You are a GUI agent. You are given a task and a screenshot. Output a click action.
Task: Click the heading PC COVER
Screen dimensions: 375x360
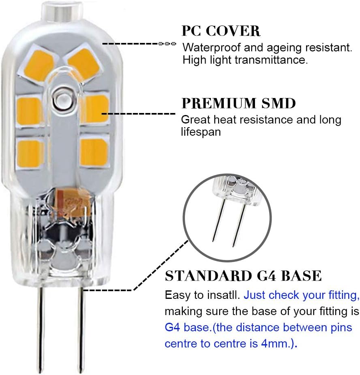click(221, 31)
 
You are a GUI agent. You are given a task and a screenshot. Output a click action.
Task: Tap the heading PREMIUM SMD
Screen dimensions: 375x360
click(238, 103)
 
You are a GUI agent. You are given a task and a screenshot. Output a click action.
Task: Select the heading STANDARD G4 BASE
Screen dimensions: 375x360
click(243, 276)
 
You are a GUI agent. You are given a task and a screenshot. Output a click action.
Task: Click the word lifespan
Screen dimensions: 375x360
click(201, 132)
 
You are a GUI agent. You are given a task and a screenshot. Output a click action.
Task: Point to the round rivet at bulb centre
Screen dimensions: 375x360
click(62, 99)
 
